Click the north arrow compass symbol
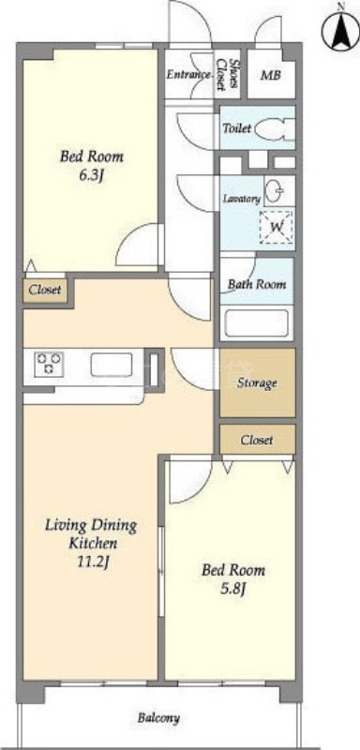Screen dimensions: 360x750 [341, 29]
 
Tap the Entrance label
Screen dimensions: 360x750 [188, 75]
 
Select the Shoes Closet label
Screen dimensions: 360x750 [228, 75]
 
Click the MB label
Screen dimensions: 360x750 [271, 75]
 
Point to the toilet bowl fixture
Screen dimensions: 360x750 [275, 129]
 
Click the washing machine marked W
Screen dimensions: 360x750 [277, 227]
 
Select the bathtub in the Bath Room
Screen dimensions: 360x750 [257, 324]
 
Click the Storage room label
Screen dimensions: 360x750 [257, 382]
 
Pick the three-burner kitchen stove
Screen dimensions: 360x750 [49, 364]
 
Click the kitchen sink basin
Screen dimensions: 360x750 [112, 365]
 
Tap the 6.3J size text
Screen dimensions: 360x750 [91, 176]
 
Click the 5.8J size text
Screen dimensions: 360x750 [232, 590]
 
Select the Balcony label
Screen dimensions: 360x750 [158, 718]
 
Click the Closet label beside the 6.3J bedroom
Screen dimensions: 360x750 [45, 290]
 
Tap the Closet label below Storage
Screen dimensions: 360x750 [257, 440]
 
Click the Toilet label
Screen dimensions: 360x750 [236, 128]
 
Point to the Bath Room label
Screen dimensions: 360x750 [257, 284]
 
